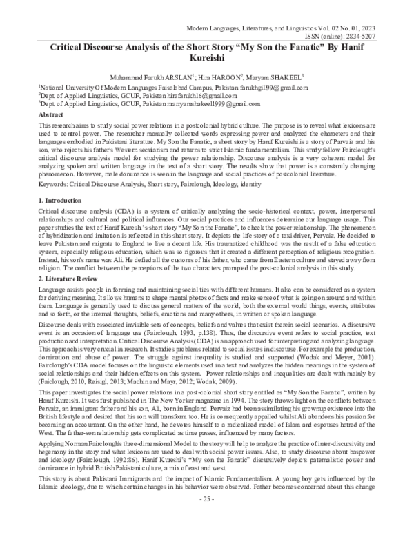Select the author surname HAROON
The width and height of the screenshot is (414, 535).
click(x=229, y=77)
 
